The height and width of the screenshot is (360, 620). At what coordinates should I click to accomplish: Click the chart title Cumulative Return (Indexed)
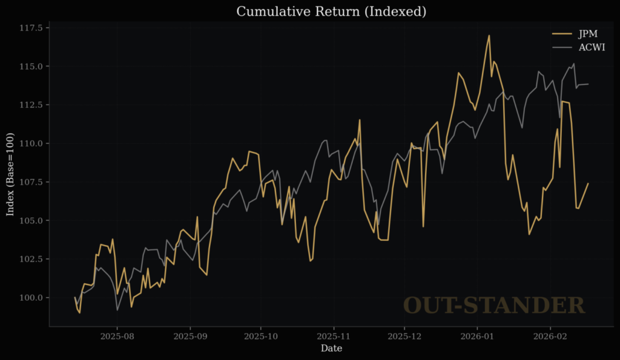[331, 11]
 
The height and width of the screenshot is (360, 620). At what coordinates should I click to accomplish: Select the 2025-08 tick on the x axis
[117, 335]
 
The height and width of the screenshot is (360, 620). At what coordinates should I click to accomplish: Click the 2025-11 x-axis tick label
[333, 335]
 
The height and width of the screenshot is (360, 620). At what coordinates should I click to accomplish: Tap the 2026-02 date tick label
[550, 335]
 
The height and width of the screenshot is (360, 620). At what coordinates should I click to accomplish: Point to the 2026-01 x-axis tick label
[477, 335]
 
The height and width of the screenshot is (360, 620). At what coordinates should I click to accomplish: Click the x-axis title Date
[331, 349]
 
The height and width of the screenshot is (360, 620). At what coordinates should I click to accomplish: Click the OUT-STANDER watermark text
[494, 306]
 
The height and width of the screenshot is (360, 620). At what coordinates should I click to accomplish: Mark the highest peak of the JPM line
[489, 35]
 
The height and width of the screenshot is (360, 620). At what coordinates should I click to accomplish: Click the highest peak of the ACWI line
[573, 64]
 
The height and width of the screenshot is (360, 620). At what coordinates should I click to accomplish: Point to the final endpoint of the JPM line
[588, 183]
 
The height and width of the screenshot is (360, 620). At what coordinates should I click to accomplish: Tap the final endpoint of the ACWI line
[588, 84]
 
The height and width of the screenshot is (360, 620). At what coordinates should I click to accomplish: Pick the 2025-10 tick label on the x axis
[261, 335]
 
